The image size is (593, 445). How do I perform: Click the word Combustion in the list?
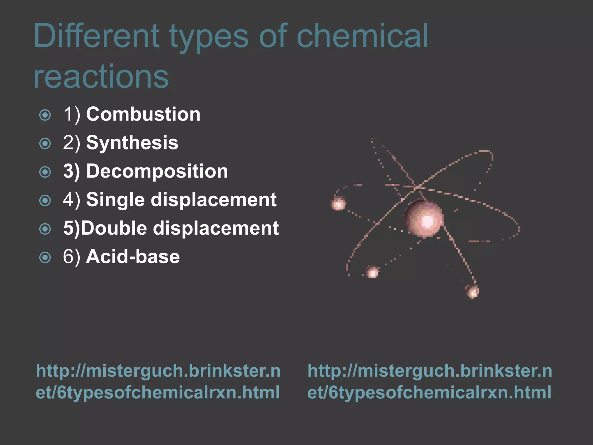point(143,114)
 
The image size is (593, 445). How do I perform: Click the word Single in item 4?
point(115,200)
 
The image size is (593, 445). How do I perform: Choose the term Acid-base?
point(133,257)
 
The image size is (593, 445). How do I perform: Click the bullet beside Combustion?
point(45,115)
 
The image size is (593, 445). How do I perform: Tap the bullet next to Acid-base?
point(45,257)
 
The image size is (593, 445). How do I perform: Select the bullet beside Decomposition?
point(45,172)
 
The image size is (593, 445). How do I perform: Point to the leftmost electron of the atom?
point(338,203)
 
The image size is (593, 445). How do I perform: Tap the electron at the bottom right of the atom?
point(473,291)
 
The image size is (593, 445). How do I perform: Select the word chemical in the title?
point(362,36)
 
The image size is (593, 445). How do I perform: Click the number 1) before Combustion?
point(72,114)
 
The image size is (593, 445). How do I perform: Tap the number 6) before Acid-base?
point(72,257)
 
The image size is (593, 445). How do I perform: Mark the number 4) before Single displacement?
point(72,200)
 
